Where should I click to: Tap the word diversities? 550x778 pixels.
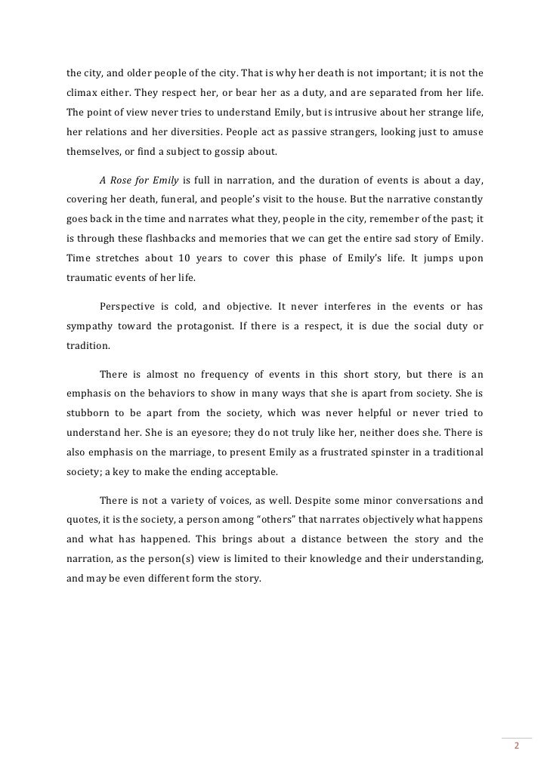coord(183,131)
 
